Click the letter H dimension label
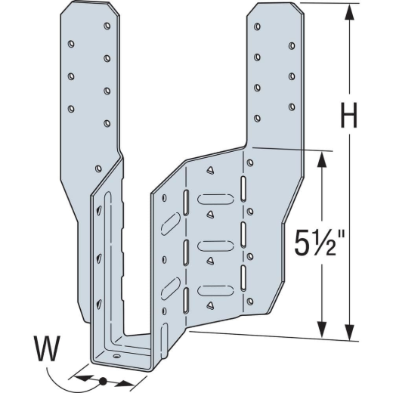click(349, 115)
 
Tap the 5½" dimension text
click(320, 243)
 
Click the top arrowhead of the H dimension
click(349, 11)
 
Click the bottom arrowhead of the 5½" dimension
click(322, 330)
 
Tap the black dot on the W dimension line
click(103, 381)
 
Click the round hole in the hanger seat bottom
click(116, 356)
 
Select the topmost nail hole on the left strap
click(107, 26)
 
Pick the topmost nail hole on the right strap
click(257, 26)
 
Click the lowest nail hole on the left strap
click(98, 169)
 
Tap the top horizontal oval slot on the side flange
click(215, 200)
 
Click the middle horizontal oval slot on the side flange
click(215, 246)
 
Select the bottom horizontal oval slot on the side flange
click(215, 290)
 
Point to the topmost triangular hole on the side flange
click(210, 171)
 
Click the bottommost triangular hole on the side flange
click(210, 305)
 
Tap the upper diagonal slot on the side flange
click(171, 224)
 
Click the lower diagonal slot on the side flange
click(171, 289)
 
